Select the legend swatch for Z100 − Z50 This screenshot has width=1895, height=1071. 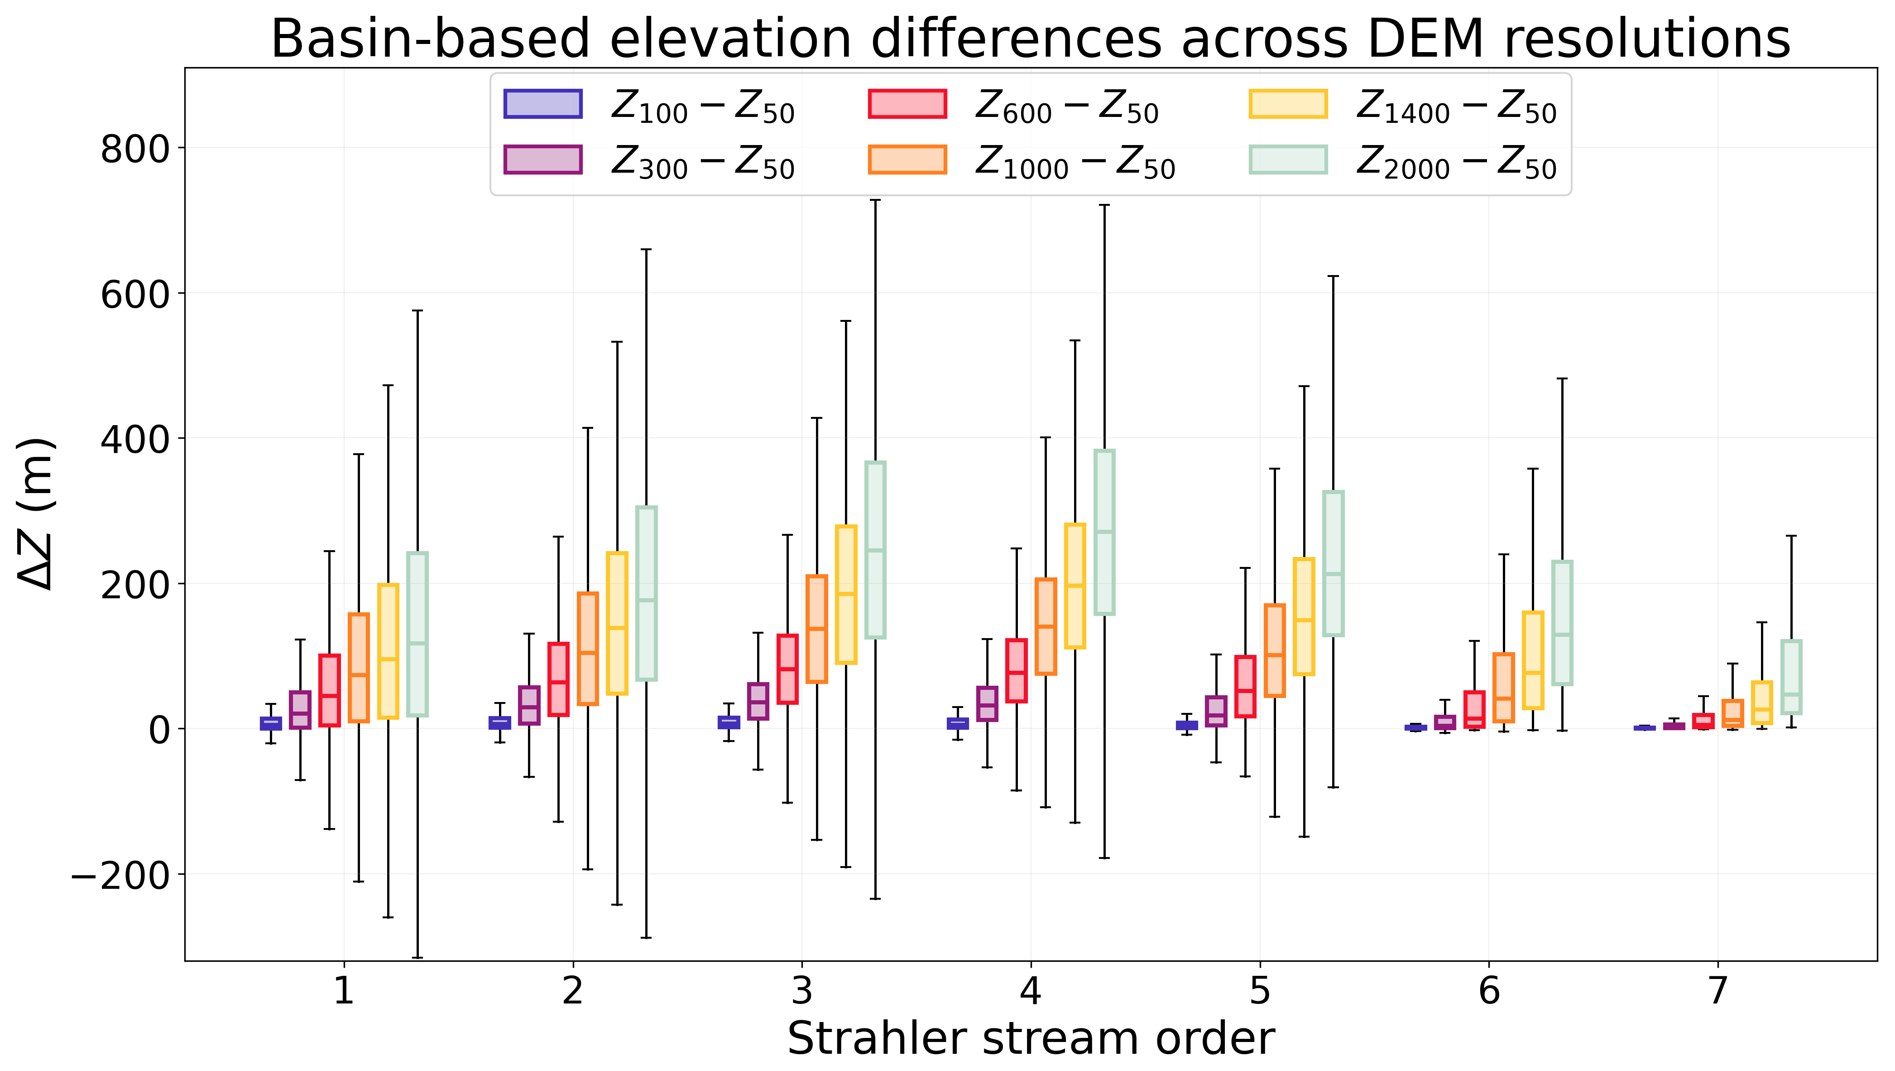coord(543,104)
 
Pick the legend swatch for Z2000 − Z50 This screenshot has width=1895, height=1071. coord(1288,160)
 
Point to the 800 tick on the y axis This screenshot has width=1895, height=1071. coord(135,150)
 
